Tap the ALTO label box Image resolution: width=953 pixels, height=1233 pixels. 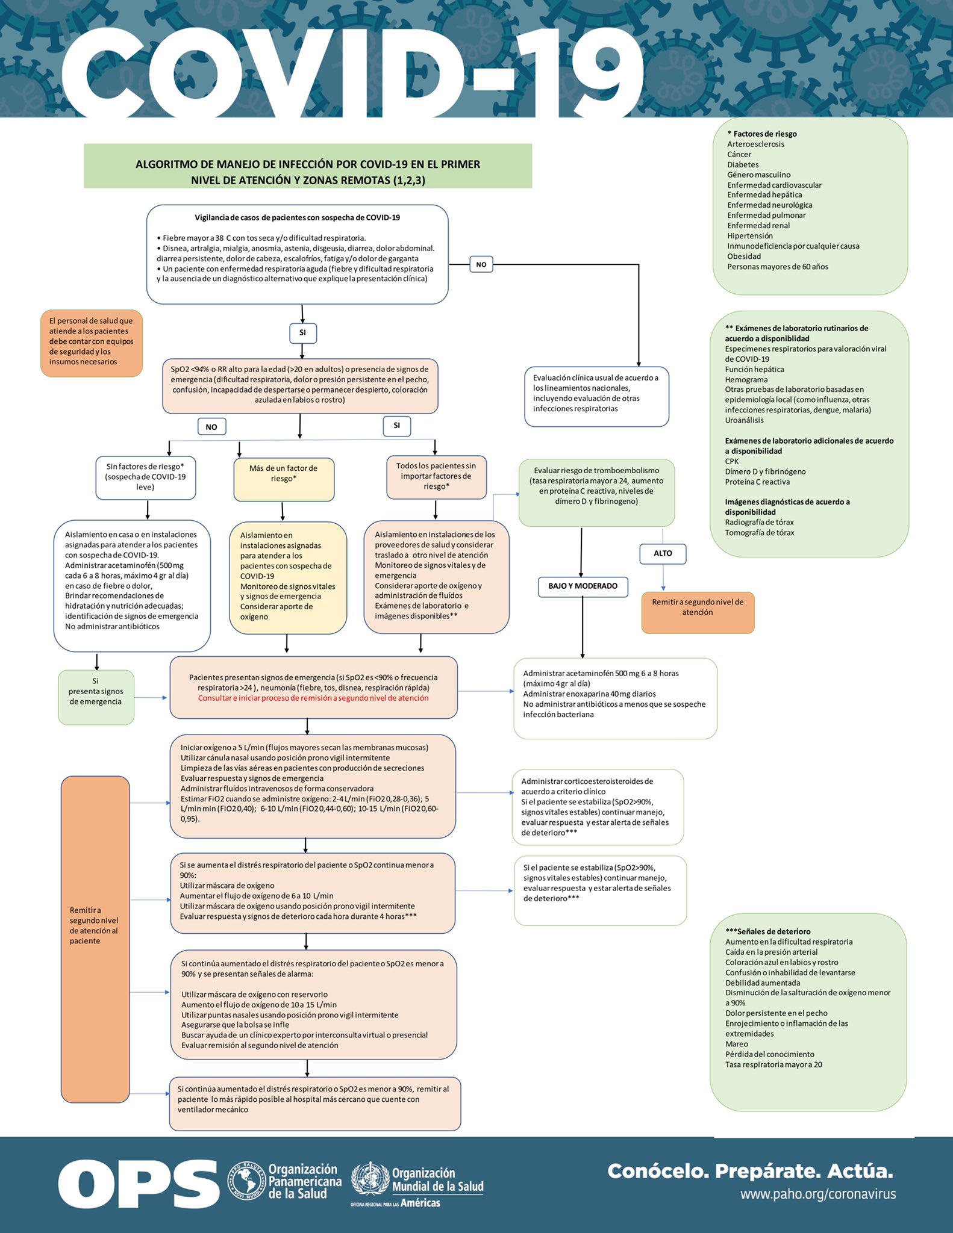pos(663,553)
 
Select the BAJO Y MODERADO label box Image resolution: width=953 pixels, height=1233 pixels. pos(583,586)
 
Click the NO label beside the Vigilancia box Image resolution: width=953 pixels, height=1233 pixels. pos(481,264)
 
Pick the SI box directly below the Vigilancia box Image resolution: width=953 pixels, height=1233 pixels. pos(302,332)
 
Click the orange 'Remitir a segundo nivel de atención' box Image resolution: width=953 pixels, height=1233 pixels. pos(698,612)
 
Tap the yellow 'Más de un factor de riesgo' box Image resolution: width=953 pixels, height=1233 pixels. pos(284,479)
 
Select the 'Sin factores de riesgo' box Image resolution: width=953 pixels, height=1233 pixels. pos(145,477)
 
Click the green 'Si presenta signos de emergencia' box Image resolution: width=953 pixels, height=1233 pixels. pos(96,697)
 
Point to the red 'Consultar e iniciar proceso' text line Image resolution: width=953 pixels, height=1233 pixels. pos(313,698)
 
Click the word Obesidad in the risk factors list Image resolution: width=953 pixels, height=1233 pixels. pos(744,256)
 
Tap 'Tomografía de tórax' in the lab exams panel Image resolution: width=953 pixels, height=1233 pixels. pos(760,533)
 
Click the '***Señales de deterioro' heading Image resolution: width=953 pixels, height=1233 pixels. pos(768,931)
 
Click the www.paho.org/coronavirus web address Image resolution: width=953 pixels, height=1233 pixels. pos(818,1194)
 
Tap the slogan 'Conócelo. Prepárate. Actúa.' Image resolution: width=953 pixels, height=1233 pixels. pos(750,1171)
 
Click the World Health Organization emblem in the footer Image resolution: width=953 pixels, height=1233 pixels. pos(370,1179)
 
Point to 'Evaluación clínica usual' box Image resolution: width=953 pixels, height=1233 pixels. pos(596,396)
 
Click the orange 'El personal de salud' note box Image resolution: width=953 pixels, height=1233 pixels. pos(92,343)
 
